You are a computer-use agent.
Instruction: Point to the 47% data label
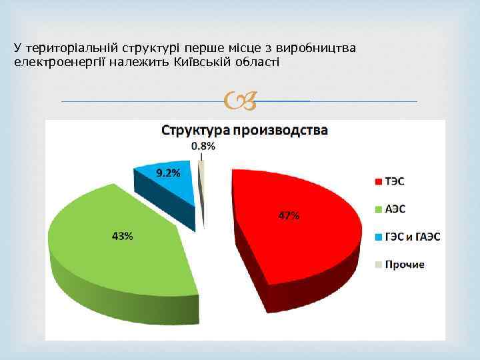click(288, 215)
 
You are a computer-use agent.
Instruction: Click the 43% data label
click(121, 236)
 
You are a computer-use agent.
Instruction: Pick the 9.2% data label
click(168, 173)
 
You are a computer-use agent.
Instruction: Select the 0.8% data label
click(203, 145)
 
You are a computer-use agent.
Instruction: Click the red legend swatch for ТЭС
click(378, 181)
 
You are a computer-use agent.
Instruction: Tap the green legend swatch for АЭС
click(378, 209)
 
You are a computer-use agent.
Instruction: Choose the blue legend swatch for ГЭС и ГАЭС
click(378, 237)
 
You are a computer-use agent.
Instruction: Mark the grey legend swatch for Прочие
click(378, 265)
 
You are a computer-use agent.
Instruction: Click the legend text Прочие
click(405, 265)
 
